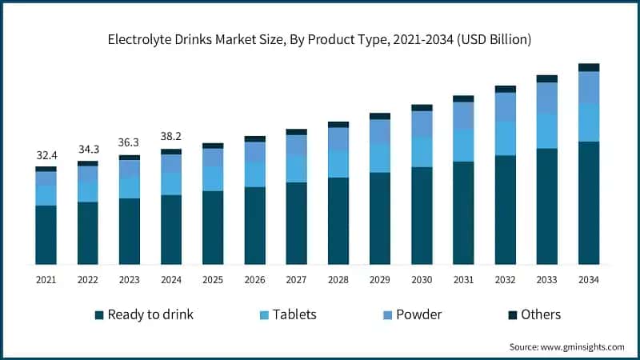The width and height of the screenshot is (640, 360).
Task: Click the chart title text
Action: [x=320, y=38]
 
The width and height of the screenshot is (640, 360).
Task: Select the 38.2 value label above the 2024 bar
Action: [x=171, y=136]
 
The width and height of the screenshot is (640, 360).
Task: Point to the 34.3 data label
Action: [x=87, y=150]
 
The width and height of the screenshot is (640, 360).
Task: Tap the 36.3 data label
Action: [x=130, y=143]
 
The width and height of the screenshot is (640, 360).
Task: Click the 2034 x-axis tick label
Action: [x=589, y=279]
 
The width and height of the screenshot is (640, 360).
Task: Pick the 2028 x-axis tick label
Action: [x=338, y=279]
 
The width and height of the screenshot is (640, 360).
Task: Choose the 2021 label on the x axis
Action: [x=46, y=279]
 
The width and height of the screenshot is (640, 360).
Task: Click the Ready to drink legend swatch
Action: [x=99, y=315]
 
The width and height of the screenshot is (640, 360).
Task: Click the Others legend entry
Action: [x=540, y=314]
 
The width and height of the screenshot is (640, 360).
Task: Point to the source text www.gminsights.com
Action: [x=566, y=347]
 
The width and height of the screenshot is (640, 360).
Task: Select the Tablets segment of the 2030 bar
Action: [x=422, y=151]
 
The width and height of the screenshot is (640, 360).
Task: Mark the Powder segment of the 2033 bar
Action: [x=547, y=98]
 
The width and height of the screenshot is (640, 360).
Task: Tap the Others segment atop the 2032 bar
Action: [x=506, y=89]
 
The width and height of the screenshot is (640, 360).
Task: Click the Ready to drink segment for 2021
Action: [x=46, y=234]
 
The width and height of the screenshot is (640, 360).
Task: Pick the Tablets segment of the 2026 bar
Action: [x=254, y=174]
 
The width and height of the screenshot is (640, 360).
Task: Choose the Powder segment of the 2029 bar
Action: [x=380, y=132]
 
